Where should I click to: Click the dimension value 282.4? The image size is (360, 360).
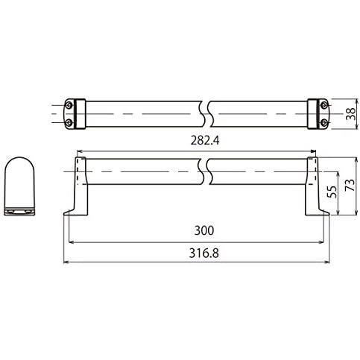click(205, 141)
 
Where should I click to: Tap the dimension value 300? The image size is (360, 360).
click(204, 230)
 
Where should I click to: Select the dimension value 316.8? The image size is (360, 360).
click(204, 253)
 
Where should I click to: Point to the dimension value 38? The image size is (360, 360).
click(350, 114)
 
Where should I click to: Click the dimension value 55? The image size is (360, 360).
click(332, 192)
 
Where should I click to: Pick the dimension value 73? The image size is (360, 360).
click(350, 185)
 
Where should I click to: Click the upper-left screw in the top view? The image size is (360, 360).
click(69, 105)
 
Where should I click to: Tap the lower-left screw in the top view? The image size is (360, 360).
click(69, 122)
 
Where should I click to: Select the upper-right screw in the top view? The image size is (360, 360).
click(323, 105)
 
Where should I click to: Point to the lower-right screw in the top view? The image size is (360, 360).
click(323, 122)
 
